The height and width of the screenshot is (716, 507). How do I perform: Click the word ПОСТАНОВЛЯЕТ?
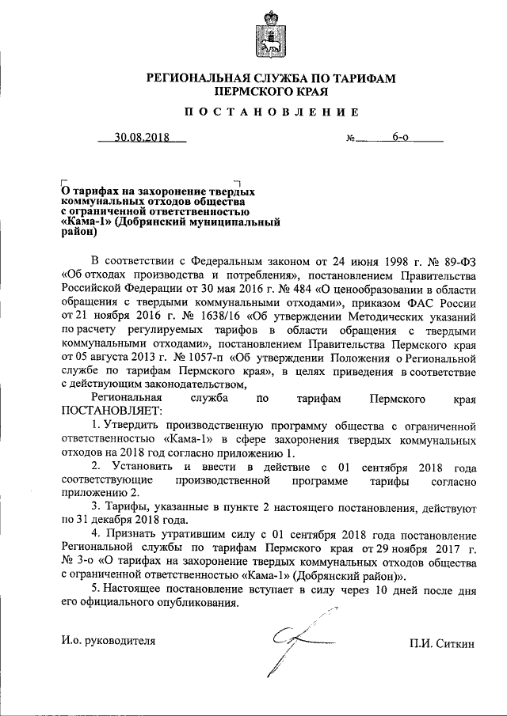pyautogui.click(x=109, y=412)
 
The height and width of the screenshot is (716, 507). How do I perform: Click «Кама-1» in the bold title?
pyautogui.click(x=86, y=222)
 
